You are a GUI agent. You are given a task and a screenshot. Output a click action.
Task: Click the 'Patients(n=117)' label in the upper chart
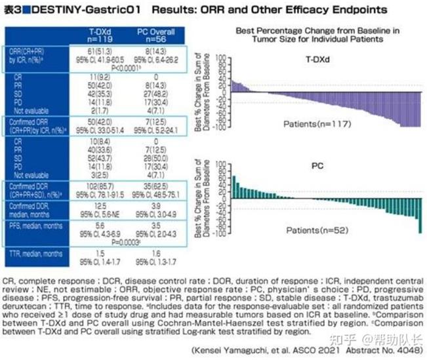pos(308,123)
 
